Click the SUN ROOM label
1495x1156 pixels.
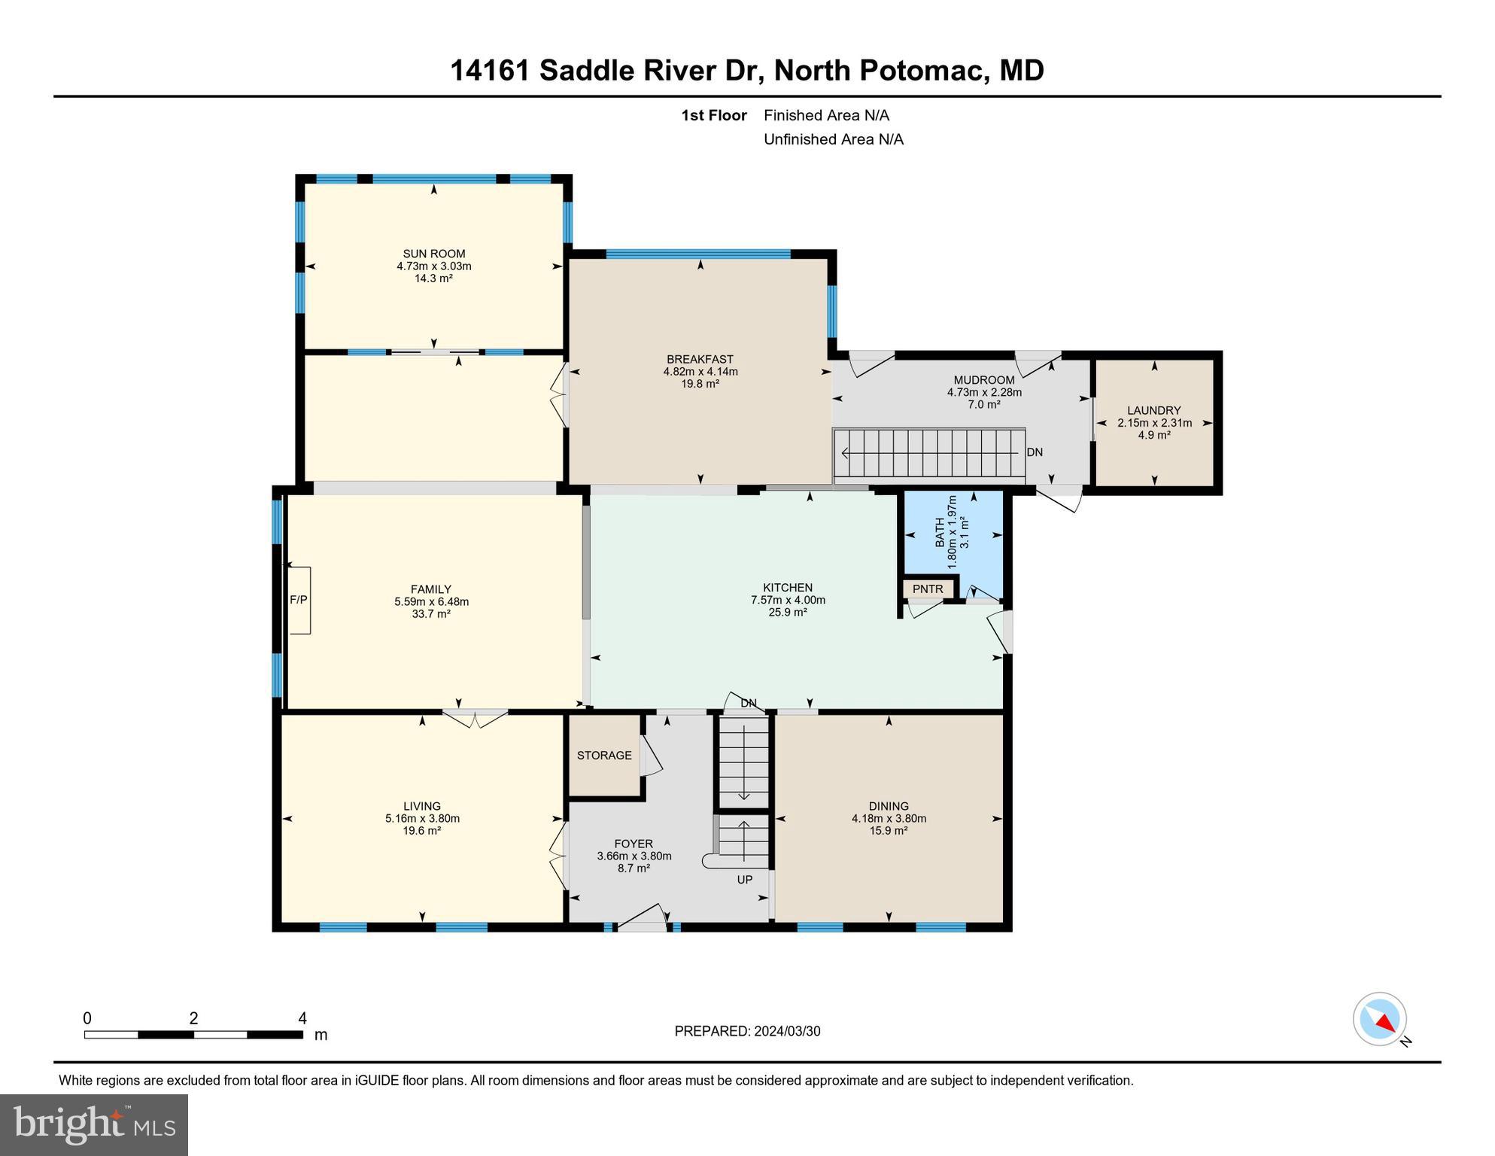tap(433, 254)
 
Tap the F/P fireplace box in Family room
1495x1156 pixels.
tap(299, 600)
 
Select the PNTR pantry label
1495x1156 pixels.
tap(928, 589)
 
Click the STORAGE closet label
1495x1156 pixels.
tap(604, 755)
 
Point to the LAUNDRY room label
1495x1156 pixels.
tap(1153, 410)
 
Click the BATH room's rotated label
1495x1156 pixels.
tap(940, 532)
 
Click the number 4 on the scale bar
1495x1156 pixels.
tap(302, 1018)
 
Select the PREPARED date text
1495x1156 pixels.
tap(747, 1031)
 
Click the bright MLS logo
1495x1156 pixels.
tap(94, 1124)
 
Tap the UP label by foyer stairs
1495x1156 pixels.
tap(744, 879)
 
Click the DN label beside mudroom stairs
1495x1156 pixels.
tap(1035, 452)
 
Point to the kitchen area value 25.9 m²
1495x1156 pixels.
tap(787, 613)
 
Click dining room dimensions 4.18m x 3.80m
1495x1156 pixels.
tap(889, 818)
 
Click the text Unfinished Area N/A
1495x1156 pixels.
tap(833, 139)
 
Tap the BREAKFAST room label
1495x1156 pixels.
tap(700, 359)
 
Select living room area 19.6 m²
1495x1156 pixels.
tap(421, 830)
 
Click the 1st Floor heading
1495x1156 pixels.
tap(713, 115)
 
